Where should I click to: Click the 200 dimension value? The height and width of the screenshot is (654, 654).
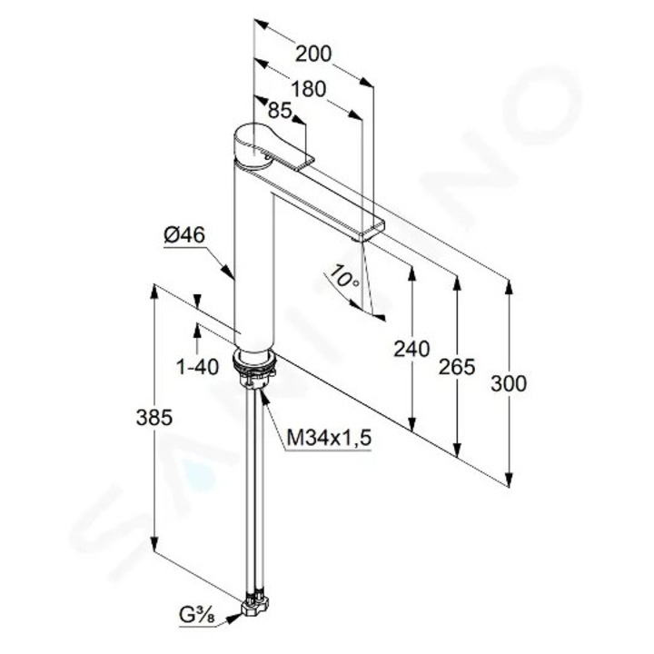[x=313, y=54]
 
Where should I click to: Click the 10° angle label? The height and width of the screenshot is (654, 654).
[x=344, y=278]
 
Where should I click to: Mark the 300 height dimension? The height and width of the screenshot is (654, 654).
[x=509, y=384]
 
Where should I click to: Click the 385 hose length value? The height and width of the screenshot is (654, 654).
[x=154, y=419]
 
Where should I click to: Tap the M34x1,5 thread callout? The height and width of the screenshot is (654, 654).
[x=330, y=438]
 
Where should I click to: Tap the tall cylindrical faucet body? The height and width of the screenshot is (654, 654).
[x=254, y=263]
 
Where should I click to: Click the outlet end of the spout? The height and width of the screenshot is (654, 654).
[x=372, y=227]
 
